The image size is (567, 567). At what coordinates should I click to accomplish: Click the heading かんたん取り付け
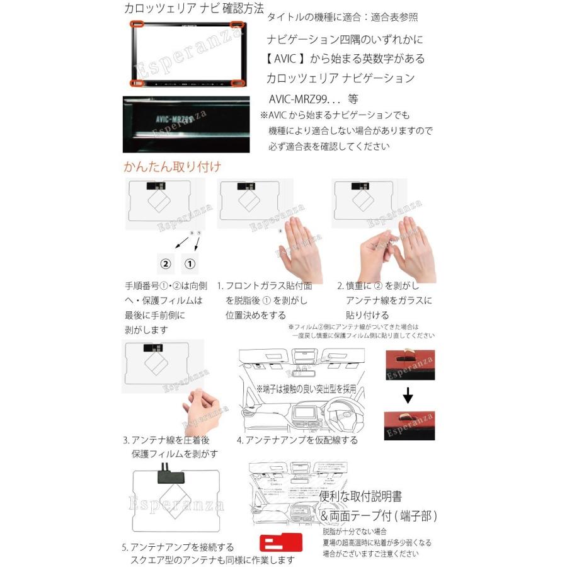172,167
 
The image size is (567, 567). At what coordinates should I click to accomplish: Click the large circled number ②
165,263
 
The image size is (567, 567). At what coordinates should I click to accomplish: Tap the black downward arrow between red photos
408,396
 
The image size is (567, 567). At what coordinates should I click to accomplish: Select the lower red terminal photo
409,427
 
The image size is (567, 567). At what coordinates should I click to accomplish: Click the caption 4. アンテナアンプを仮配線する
297,440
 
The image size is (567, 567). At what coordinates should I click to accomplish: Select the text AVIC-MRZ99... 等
313,100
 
